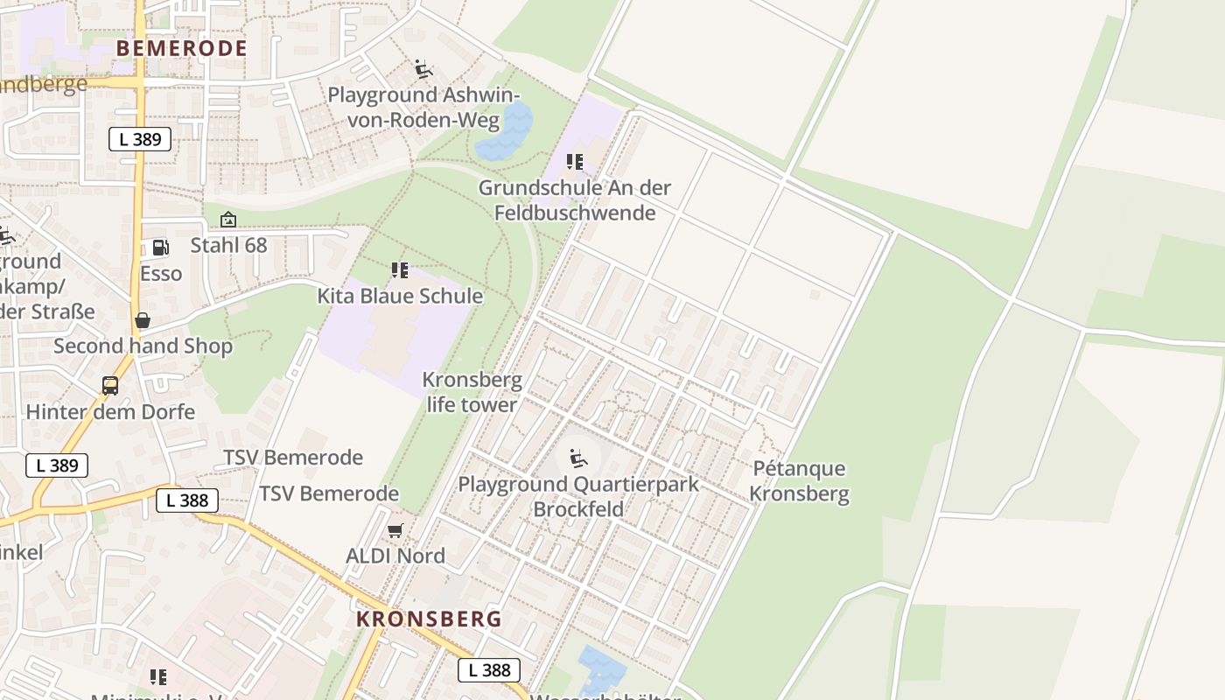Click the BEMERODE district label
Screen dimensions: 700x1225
point(181,48)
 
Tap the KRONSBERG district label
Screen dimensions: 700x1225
point(429,619)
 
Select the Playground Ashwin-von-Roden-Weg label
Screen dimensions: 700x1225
point(423,107)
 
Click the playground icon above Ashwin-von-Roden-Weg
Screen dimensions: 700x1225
point(423,69)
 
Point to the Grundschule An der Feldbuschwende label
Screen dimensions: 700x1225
point(575,199)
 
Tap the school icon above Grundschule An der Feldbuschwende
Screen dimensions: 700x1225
point(575,162)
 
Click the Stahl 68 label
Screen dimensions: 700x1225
point(228,245)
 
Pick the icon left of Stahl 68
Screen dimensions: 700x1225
point(228,220)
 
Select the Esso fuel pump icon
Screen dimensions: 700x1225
point(160,248)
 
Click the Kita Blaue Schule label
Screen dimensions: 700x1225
point(400,296)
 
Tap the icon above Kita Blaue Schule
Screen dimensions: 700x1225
point(400,270)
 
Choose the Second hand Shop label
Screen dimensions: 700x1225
point(143,346)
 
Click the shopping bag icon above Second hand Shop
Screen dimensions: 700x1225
point(143,320)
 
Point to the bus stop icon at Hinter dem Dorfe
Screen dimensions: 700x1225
point(110,386)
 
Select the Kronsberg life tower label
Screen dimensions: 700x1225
point(472,392)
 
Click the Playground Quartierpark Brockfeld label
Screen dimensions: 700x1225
point(578,496)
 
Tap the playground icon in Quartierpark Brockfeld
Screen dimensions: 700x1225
point(578,458)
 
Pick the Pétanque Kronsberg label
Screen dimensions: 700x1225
point(799,480)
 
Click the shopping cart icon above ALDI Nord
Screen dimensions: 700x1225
point(395,530)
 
